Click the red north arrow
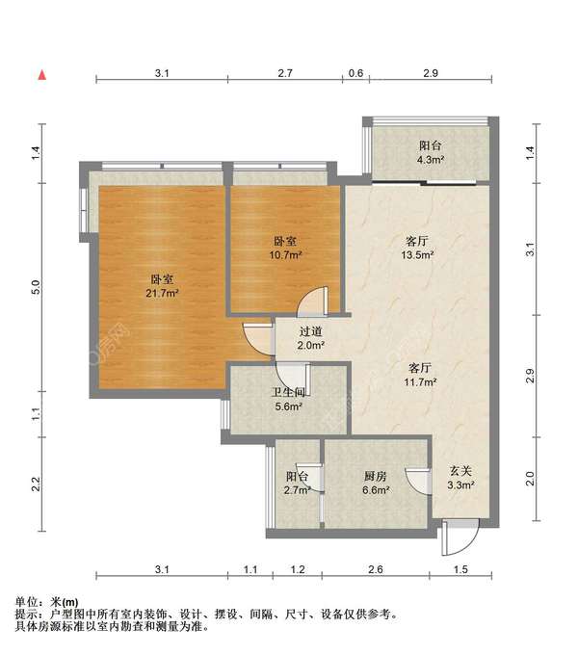[42, 75]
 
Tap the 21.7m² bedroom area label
[162, 286]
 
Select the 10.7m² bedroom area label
[285, 248]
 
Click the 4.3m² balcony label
[431, 152]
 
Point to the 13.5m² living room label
[417, 248]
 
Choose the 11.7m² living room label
[420, 375]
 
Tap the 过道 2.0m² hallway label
[311, 338]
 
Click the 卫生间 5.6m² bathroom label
[288, 399]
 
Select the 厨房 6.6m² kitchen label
[376, 483]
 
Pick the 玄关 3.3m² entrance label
[460, 478]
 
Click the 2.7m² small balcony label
[297, 483]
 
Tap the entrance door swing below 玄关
[460, 538]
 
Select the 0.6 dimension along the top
[355, 73]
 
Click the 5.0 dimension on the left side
[36, 287]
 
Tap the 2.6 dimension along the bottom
[376, 569]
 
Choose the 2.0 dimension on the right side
[530, 479]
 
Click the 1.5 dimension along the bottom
[460, 569]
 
